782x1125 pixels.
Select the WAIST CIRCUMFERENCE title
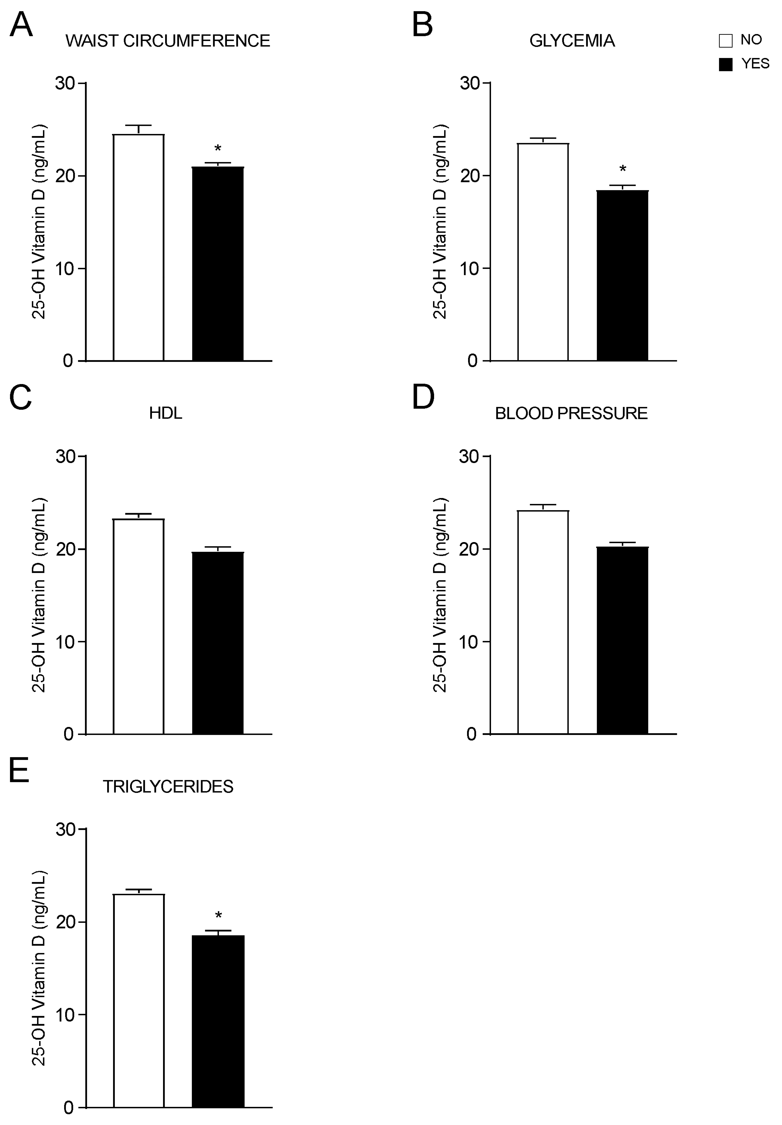168,41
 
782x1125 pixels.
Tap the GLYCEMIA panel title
572,41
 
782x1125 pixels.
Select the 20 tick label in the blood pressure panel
469,549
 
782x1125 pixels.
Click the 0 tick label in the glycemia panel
472,361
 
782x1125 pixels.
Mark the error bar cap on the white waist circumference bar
139,126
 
